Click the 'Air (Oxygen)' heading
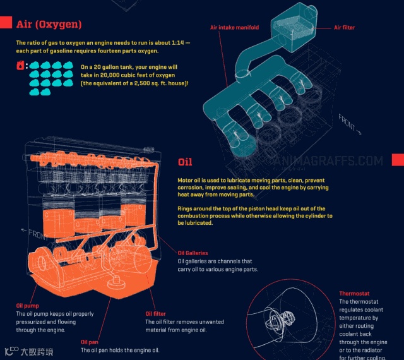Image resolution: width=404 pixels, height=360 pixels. [x=49, y=24]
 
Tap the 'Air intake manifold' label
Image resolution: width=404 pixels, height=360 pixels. [x=234, y=28]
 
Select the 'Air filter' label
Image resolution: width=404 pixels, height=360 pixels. [x=345, y=28]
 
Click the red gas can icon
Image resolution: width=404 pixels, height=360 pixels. [x=20, y=66]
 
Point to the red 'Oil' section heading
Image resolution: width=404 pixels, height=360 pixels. [x=185, y=162]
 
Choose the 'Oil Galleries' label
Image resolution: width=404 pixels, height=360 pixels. [x=193, y=253]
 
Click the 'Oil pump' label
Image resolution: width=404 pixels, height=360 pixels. [x=27, y=306]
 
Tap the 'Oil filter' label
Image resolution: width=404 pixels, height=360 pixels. [x=156, y=314]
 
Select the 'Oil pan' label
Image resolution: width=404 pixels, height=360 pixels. [x=90, y=342]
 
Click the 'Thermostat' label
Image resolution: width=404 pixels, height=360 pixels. [x=354, y=294]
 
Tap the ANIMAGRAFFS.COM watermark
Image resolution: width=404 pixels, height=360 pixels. [x=324, y=161]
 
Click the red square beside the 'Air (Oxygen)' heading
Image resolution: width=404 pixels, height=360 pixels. [x=6, y=22]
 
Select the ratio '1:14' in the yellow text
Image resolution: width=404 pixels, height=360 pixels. [x=178, y=43]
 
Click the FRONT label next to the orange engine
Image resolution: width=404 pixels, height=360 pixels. [x=35, y=234]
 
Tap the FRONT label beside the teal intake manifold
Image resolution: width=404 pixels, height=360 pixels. [x=349, y=124]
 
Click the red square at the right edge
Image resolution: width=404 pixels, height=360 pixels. [x=398, y=160]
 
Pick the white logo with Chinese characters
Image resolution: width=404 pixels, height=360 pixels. [x=29, y=351]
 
